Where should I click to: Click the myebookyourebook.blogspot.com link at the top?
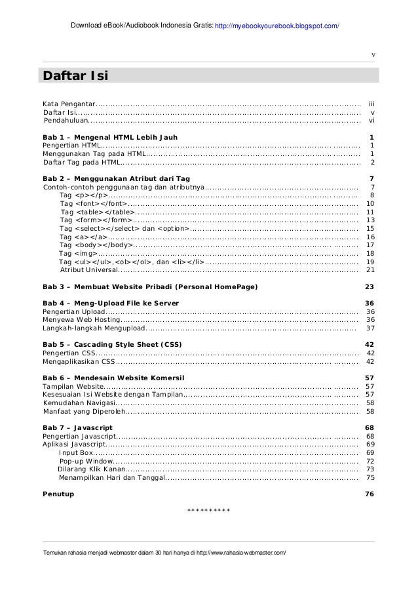pyautogui.click(x=277, y=26)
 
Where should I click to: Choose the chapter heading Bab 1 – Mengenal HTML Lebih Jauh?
pyautogui.click(x=105, y=137)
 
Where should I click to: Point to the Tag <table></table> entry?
pyautogui.click(x=97, y=212)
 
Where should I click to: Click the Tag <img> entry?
pyautogui.click(x=78, y=253)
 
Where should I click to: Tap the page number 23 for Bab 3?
pyautogui.click(x=369, y=286)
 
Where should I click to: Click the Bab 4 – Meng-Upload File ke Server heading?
pyautogui.click(x=110, y=303)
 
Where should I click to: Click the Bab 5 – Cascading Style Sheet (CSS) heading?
pyautogui.click(x=112, y=344)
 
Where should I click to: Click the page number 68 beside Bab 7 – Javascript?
pyautogui.click(x=369, y=427)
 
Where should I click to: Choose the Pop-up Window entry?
pyautogui.click(x=86, y=461)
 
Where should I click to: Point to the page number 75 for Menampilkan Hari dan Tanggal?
pyautogui.click(x=370, y=477)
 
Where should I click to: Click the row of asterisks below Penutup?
pyautogui.click(x=208, y=511)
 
